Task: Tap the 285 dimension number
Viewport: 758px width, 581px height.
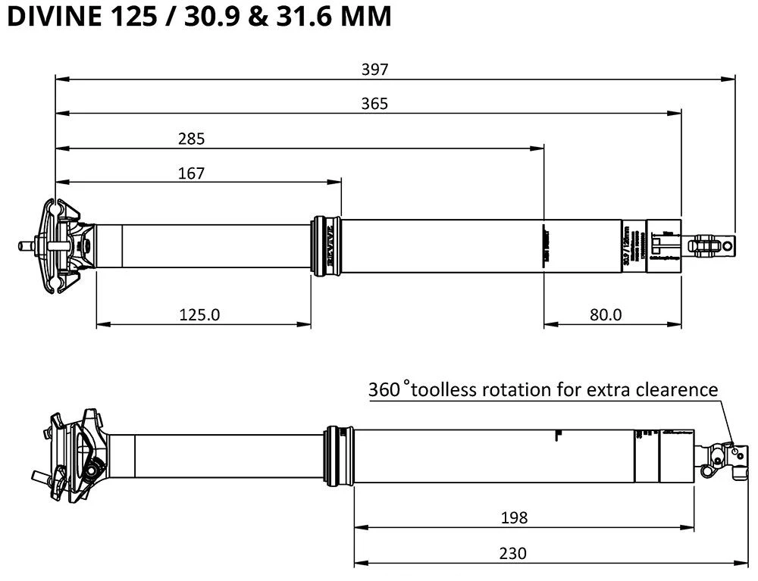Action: [192, 138]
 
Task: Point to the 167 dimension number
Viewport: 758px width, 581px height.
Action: [192, 173]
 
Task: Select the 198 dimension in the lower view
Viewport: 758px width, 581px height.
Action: [514, 517]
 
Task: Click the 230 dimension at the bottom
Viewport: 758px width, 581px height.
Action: [514, 553]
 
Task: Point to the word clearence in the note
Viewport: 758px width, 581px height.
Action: [675, 389]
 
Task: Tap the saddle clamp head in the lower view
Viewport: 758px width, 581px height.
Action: [76, 454]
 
